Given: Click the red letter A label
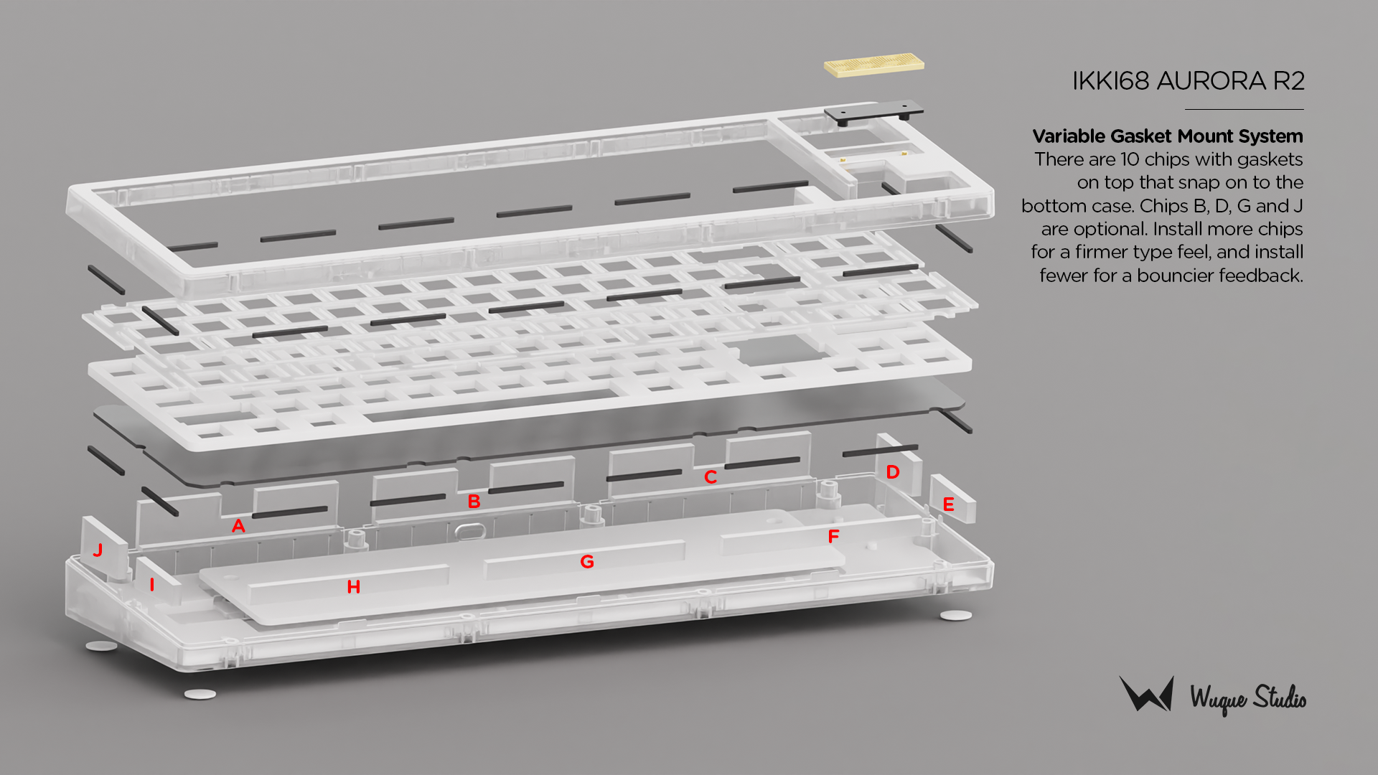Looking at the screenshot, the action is pyautogui.click(x=238, y=526).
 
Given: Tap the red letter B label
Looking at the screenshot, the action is pyautogui.click(x=474, y=502).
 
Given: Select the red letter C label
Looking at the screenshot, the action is pyautogui.click(x=711, y=477).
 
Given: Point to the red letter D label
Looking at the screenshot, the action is pyautogui.click(x=893, y=472).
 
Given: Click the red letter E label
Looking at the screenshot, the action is pyautogui.click(x=948, y=504).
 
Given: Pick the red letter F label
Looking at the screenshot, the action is pyautogui.click(x=833, y=537).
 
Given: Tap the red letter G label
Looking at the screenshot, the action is pyautogui.click(x=587, y=562).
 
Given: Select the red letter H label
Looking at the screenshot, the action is pyautogui.click(x=353, y=587).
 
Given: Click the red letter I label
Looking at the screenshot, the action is pyautogui.click(x=151, y=585).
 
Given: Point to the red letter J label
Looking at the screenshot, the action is pyautogui.click(x=98, y=550).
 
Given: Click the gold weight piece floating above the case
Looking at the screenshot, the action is pyautogui.click(x=874, y=65).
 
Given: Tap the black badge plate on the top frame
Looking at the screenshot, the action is pyautogui.click(x=873, y=113).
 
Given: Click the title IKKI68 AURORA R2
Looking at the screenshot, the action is pyautogui.click(x=1188, y=81).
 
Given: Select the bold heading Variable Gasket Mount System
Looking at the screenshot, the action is pyautogui.click(x=1168, y=136).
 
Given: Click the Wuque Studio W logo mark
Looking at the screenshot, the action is pyautogui.click(x=1147, y=693).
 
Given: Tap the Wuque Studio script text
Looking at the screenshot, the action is pyautogui.click(x=1248, y=699).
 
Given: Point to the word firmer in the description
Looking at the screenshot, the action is pyautogui.click(x=1106, y=252).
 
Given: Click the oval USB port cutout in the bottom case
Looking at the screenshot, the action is pyautogui.click(x=469, y=530).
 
